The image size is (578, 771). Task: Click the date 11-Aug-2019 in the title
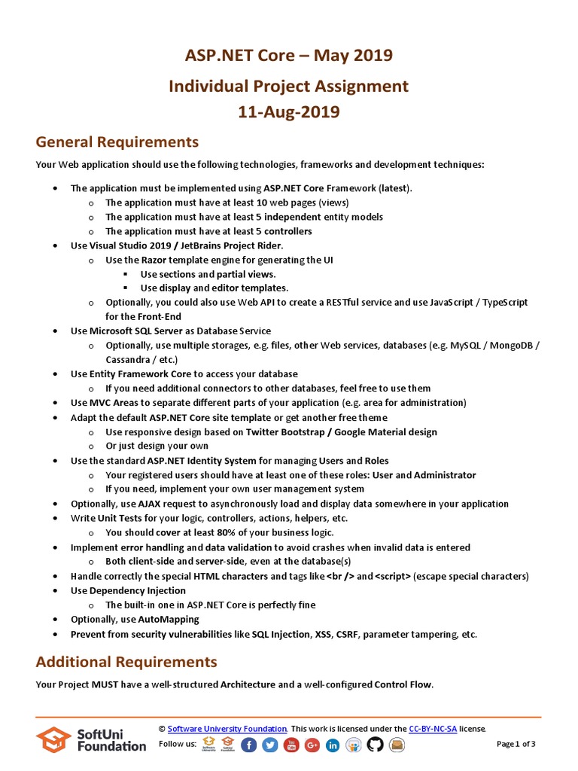tap(289, 112)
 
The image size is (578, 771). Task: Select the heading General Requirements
tap(117, 142)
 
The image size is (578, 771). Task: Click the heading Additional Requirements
tap(126, 662)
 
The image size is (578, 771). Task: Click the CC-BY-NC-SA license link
tap(433, 729)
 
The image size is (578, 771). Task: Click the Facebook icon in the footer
tap(249, 745)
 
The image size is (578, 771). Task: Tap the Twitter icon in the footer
tap(270, 745)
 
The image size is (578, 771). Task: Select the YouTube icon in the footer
tap(291, 745)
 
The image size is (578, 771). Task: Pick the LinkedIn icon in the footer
tap(333, 745)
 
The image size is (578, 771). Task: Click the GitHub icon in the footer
tap(375, 745)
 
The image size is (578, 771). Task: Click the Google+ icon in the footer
tap(312, 745)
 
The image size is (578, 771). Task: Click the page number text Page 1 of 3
tap(516, 745)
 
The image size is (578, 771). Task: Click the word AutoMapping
tap(169, 620)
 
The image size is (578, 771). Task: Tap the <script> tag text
tap(393, 576)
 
